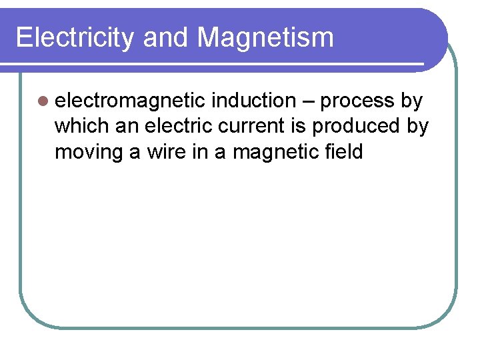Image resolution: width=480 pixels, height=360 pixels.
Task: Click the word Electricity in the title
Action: (74, 37)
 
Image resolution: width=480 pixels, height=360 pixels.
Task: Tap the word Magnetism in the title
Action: (265, 37)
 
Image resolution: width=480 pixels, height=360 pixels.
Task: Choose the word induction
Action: (253, 101)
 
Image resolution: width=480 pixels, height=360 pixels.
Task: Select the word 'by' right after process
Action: (411, 101)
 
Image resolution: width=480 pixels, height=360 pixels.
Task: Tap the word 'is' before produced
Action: (304, 127)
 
